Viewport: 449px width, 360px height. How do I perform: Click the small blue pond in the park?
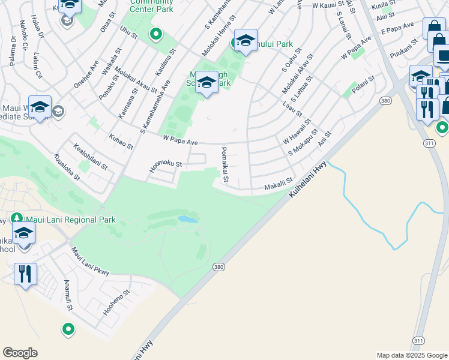coord(187,220)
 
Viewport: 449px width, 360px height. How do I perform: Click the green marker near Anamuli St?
coord(68,329)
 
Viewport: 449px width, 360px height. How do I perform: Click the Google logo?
coord(20,353)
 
